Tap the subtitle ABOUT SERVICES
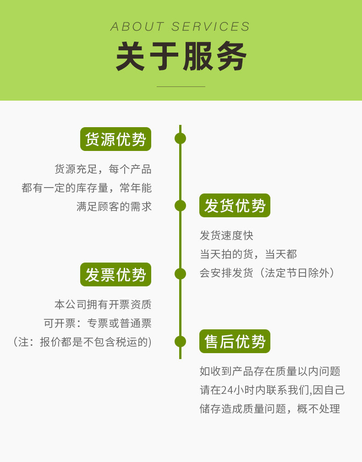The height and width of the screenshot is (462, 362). point(181,27)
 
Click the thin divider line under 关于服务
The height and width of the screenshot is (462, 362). point(181,86)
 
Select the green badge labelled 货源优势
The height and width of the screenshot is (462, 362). point(115,139)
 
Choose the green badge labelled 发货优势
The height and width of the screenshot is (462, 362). point(235,205)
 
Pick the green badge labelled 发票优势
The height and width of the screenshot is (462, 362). point(115,274)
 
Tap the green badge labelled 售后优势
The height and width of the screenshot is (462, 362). point(235,341)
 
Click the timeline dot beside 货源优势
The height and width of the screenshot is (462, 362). point(180,138)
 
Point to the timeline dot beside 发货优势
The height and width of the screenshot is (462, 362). point(180,205)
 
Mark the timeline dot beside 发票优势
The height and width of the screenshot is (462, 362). point(180,274)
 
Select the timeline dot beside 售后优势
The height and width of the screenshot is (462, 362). point(180,341)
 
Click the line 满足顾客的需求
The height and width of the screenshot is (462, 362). point(114,206)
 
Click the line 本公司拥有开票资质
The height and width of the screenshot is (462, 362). point(103,304)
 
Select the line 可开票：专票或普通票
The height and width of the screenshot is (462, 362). point(98,323)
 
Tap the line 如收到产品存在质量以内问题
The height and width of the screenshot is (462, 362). point(270,371)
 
